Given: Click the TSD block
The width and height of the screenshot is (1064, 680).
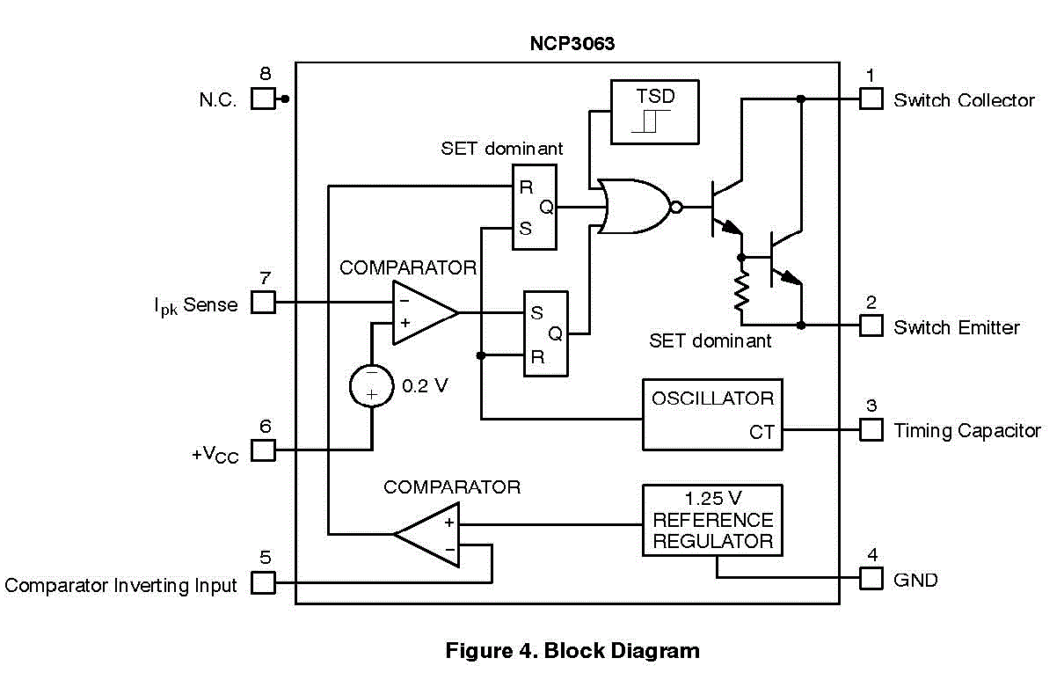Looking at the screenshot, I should [x=655, y=112].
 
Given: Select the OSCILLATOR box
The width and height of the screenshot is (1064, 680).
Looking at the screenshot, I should [x=711, y=414].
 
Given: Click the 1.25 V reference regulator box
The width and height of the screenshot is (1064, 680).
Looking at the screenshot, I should [x=711, y=520].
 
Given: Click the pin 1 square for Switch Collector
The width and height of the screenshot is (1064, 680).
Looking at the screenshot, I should [x=871, y=99].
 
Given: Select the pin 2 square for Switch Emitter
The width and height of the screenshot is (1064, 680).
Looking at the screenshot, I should [x=871, y=325].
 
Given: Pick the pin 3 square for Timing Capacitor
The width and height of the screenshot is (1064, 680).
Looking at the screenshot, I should [x=871, y=429].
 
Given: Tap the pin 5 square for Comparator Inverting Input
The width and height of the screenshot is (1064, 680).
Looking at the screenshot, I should [x=263, y=582].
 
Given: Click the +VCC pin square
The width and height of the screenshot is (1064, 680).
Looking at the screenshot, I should [x=263, y=450].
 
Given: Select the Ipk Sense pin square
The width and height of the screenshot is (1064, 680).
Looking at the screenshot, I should [x=263, y=303].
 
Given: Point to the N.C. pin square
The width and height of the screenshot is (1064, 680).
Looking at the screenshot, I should [x=263, y=99].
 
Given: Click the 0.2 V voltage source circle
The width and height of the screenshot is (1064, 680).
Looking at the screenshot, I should [x=371, y=385].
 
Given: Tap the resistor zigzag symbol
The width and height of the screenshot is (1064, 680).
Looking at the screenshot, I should [x=741, y=291].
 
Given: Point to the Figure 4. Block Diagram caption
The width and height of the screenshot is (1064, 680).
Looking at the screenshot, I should [x=572, y=651].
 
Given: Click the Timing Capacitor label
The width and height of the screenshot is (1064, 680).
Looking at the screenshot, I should [x=966, y=431].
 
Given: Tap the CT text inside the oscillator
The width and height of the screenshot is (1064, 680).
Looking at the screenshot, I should [x=762, y=432].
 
